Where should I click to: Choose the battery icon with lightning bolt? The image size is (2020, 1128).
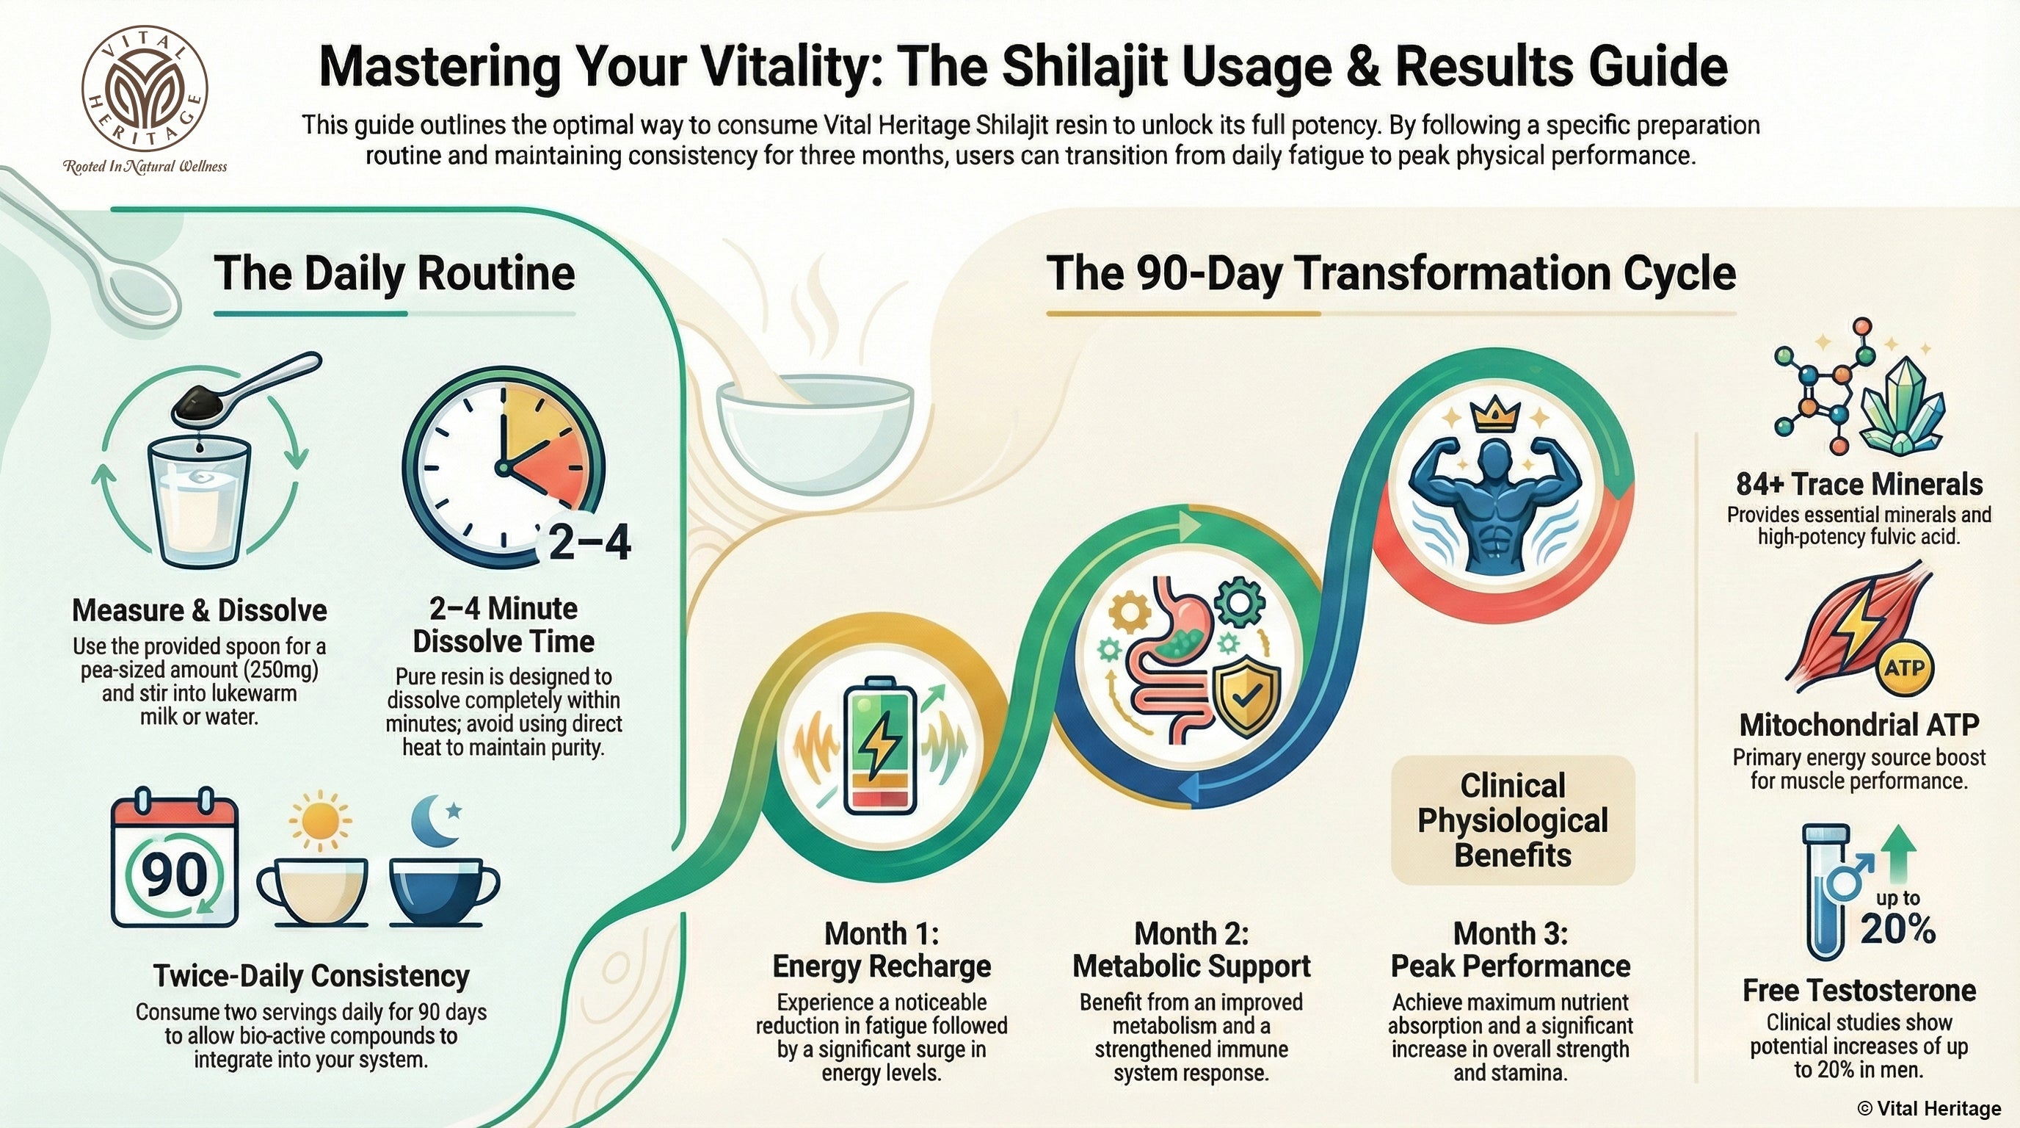pyautogui.click(x=880, y=756)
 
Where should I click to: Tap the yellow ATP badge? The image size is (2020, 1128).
pyautogui.click(x=1905, y=668)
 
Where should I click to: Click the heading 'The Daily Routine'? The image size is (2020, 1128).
pyautogui.click(x=394, y=273)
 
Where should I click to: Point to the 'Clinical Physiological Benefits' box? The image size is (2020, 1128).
pyautogui.click(x=1513, y=820)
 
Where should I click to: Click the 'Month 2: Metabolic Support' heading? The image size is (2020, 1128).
pyautogui.click(x=1191, y=950)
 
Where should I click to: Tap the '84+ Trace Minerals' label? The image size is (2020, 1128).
pyautogui.click(x=1859, y=484)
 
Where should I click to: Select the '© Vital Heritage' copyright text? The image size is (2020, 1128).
pyautogui.click(x=1929, y=1108)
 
